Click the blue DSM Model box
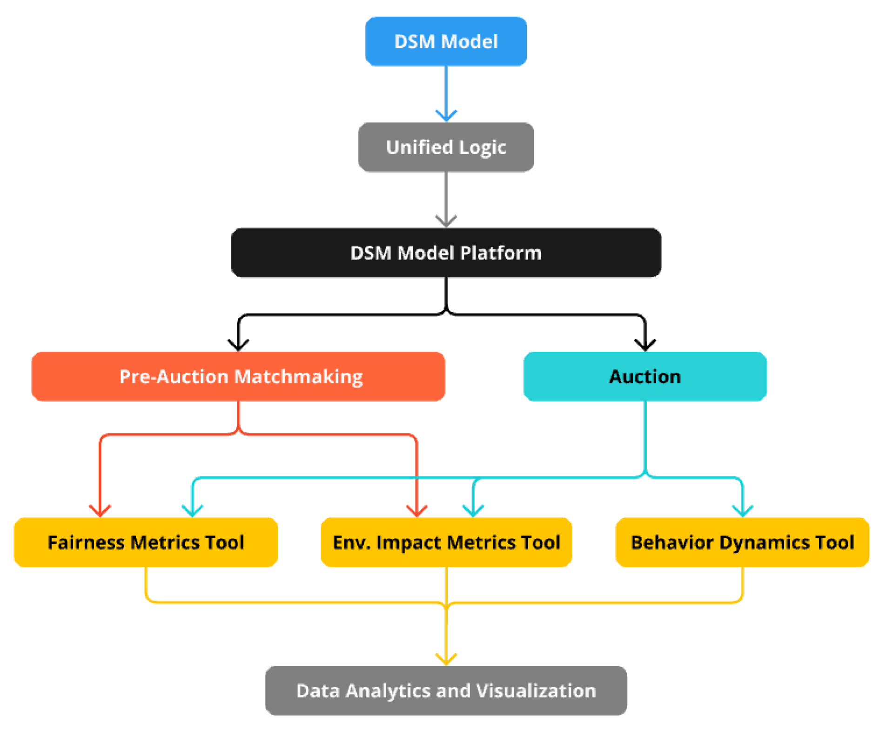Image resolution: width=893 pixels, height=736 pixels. [x=446, y=41]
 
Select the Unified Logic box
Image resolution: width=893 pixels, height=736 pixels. [x=446, y=147]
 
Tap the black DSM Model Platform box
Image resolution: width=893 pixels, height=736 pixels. [x=446, y=253]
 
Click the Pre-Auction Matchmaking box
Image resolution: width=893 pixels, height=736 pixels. [x=238, y=376]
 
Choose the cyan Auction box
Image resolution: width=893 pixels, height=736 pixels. [x=645, y=376]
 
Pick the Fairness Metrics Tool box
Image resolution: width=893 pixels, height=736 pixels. [x=146, y=542]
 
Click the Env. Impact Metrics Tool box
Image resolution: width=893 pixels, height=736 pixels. [x=446, y=542]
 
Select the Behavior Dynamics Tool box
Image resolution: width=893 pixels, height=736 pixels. [x=742, y=542]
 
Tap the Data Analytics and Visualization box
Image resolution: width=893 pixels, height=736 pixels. [x=446, y=690]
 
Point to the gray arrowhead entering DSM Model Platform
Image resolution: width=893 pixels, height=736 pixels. [x=446, y=222]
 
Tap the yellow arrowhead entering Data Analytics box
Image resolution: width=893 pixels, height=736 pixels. [x=446, y=660]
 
